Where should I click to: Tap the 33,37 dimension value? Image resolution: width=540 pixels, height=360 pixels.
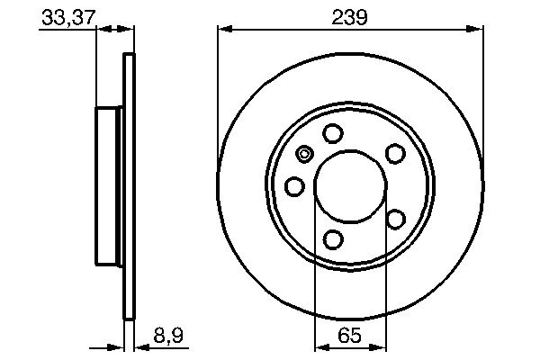click(67, 15)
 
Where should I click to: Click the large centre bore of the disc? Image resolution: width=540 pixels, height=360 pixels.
click(350, 186)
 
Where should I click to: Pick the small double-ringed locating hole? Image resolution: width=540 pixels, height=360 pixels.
click(304, 154)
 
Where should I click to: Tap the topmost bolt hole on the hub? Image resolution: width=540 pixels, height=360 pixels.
click(333, 134)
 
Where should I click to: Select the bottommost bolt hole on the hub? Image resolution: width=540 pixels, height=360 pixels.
click(333, 238)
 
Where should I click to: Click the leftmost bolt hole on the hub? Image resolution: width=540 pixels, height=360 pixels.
click(294, 186)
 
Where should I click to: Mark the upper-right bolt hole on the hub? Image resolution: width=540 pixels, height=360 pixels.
click(394, 154)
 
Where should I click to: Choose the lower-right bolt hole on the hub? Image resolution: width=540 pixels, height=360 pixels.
click(394, 218)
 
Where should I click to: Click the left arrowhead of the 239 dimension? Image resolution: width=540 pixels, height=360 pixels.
click(224, 30)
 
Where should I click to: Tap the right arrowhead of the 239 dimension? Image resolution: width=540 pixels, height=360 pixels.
click(476, 30)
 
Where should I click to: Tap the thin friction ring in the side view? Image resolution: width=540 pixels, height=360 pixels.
click(129, 186)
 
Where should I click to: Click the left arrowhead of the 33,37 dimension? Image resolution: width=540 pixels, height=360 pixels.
click(101, 30)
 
